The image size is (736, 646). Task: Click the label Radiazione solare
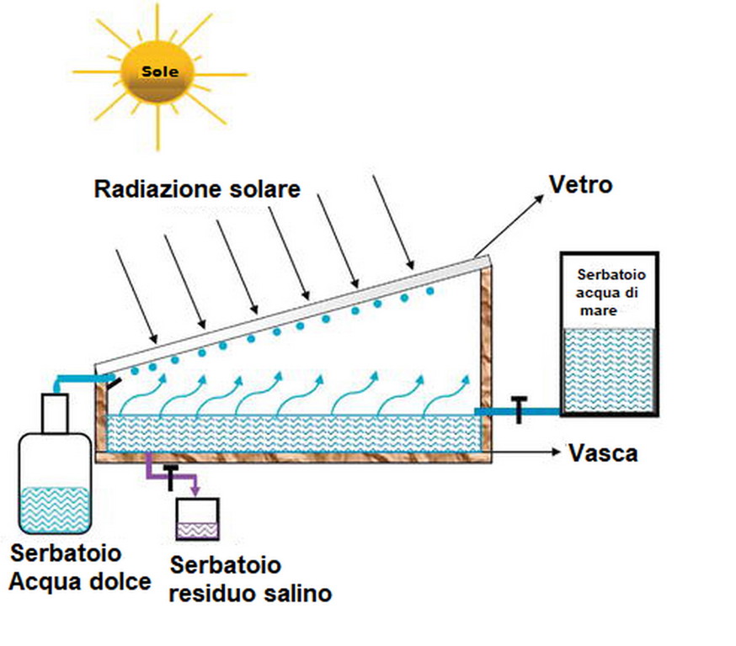point(197,190)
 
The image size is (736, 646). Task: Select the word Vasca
point(603,453)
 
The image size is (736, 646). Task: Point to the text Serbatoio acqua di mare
point(608,293)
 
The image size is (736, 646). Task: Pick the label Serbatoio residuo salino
point(250,579)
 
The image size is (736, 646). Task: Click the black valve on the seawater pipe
point(519,410)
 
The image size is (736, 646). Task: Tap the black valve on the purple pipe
point(172,475)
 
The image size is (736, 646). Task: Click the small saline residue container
point(197,518)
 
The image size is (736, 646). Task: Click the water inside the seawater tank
point(607,370)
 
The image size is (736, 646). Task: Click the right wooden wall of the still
point(486,353)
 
